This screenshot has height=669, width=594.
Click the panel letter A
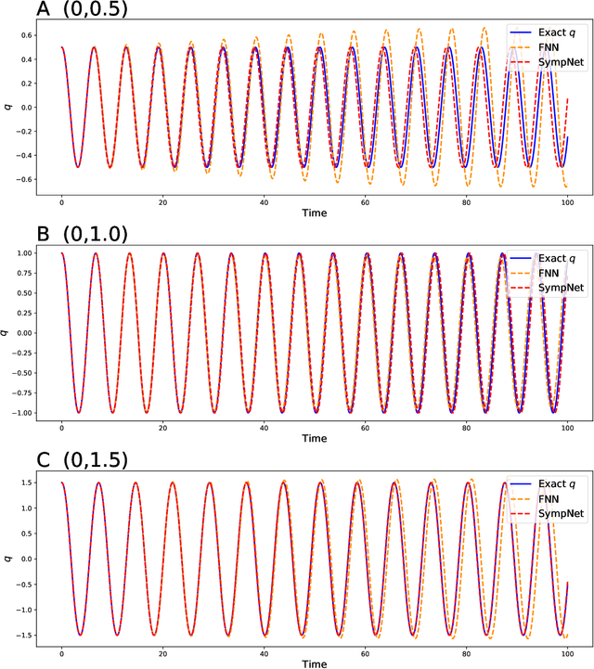(14, 12)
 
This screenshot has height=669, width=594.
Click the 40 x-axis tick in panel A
(264, 202)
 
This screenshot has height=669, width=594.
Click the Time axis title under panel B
(314, 439)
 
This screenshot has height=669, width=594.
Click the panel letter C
(14, 461)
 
